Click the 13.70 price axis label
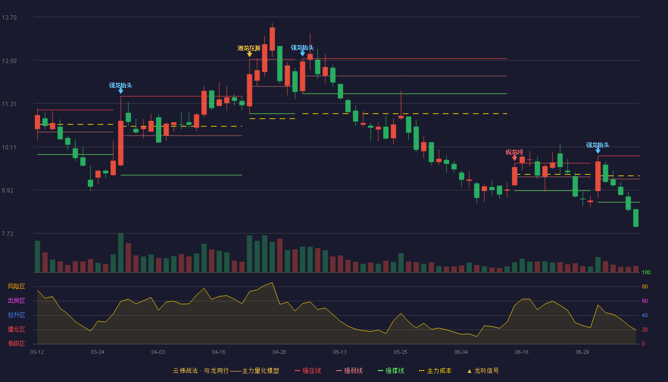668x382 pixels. (9, 17)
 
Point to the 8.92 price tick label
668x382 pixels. (8, 190)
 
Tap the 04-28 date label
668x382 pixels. (279, 352)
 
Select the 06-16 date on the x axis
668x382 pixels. (522, 352)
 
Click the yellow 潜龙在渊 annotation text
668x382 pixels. (249, 48)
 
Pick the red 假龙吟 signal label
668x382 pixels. (514, 152)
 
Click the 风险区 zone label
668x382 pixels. (16, 286)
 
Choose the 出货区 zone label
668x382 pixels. (16, 300)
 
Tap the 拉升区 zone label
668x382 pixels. (16, 315)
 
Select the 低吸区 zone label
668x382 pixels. (16, 343)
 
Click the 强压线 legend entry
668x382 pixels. (308, 371)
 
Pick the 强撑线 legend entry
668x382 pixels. (391, 371)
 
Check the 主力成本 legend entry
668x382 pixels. (435, 371)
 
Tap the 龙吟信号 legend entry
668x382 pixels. (483, 371)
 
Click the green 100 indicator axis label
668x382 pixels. (646, 272)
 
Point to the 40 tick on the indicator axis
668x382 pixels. (645, 315)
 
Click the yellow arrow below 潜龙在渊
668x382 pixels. (249, 54)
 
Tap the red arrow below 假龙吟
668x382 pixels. (514, 158)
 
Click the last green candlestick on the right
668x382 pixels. (636, 218)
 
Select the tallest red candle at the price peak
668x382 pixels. (272, 39)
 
